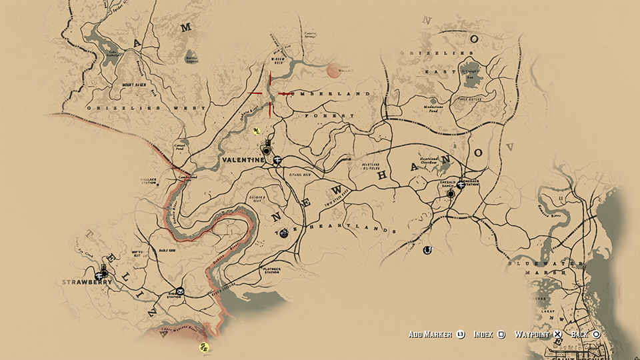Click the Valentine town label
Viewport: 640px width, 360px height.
pos(243,161)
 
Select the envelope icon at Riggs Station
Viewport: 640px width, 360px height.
pos(180,291)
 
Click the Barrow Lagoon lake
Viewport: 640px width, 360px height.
pos(191,57)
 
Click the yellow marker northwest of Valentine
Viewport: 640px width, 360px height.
pos(256,131)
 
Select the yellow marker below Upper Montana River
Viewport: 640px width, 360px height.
pos(205,347)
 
